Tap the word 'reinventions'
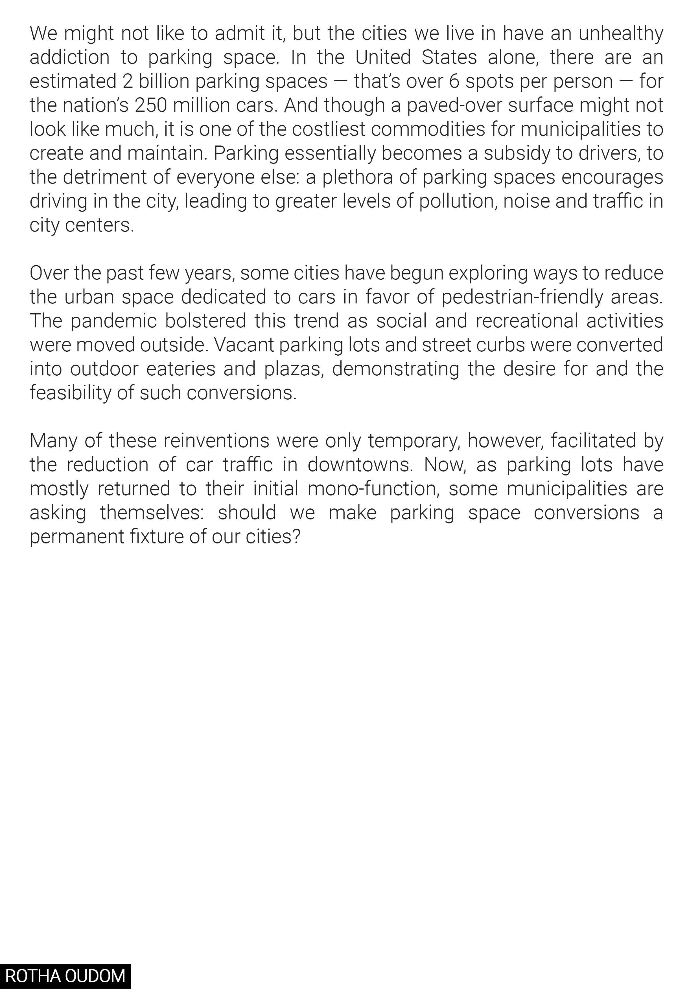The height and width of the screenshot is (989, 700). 216,441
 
